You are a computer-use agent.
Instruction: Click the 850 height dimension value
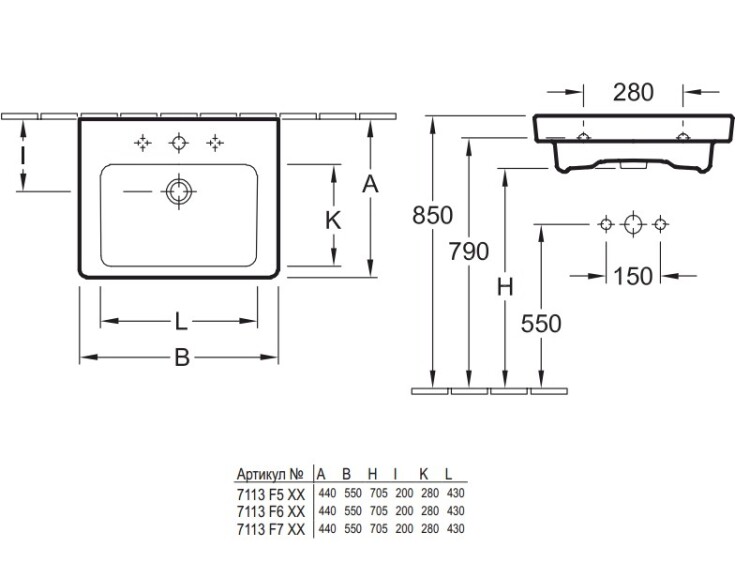pos(432,215)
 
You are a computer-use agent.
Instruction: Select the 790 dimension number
pos(468,251)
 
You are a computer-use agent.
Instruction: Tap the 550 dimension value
pos(541,323)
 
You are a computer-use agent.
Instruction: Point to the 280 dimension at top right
pos(633,93)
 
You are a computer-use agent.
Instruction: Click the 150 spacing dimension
pos(632,275)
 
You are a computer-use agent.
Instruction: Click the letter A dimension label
pos(370,184)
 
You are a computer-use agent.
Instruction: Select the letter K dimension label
pos(333,221)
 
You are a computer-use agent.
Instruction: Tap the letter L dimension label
pos(180,321)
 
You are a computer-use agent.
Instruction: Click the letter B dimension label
pos(181,356)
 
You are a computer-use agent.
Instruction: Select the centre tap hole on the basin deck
pos(178,142)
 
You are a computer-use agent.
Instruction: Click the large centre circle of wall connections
pos(631,224)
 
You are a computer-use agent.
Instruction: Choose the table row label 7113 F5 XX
pos(270,493)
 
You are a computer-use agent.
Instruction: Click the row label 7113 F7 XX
pos(270,528)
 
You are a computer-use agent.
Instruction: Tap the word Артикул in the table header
pos(263,474)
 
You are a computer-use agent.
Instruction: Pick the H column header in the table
pos(373,474)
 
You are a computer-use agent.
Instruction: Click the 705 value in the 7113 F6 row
pos(373,511)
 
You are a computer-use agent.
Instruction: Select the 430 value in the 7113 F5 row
pos(455,493)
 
